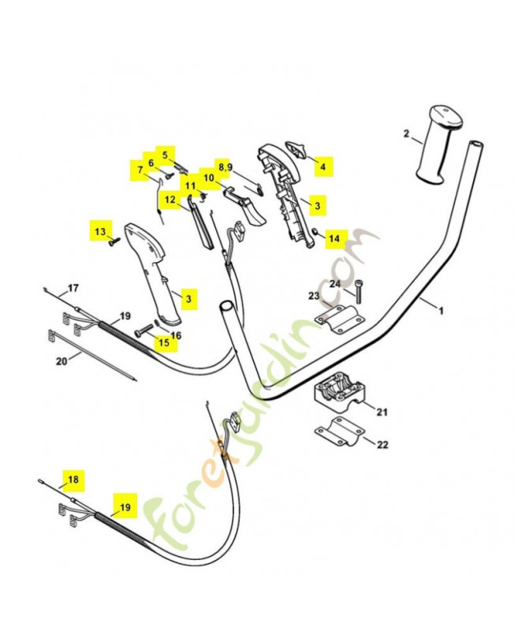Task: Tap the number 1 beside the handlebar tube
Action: coord(441,311)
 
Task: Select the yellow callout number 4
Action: coord(322,166)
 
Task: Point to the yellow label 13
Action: coord(100,232)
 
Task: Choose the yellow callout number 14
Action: coord(334,237)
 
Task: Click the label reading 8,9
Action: coord(225,167)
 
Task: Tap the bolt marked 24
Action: coord(359,293)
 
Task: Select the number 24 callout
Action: coord(335,283)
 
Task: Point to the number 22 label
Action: coord(382,445)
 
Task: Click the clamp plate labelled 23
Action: coord(338,315)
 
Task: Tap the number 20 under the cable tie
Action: coord(61,361)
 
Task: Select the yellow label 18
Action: coord(73,480)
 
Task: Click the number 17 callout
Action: coord(73,287)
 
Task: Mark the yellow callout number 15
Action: coord(164,342)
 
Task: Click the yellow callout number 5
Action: coord(165,154)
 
